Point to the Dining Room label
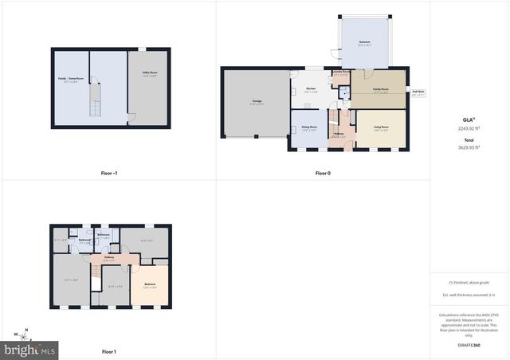pos(308,129)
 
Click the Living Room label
pos(381,129)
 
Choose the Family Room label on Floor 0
pos(380,90)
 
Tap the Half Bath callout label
pos(418,92)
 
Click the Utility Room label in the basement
pos(149,73)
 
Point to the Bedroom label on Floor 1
pos(150,284)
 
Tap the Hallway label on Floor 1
pos(109,258)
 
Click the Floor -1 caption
pos(110,172)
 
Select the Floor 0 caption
pos(323,172)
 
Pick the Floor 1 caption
pos(109,351)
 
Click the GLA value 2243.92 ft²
pos(469,127)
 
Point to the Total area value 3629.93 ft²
pos(469,147)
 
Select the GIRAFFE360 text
pos(469,346)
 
